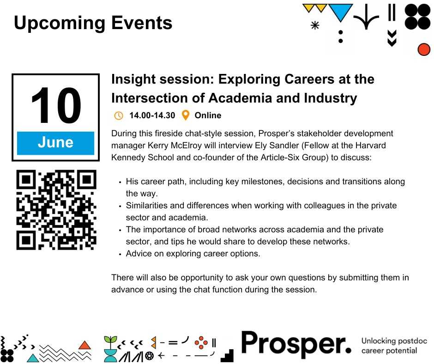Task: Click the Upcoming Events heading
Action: (93, 23)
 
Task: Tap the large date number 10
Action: (56, 105)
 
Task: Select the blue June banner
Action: (55, 143)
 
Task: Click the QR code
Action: (56, 210)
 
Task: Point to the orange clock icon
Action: (119, 115)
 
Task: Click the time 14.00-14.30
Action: (152, 115)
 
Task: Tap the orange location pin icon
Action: (186, 115)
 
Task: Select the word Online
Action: (208, 115)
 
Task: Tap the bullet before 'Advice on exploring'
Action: (120, 254)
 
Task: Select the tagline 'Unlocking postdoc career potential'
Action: (394, 346)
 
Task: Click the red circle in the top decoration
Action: (424, 49)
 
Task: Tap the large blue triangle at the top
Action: (340, 12)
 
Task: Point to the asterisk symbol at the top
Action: (315, 25)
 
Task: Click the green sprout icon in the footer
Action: (110, 343)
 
